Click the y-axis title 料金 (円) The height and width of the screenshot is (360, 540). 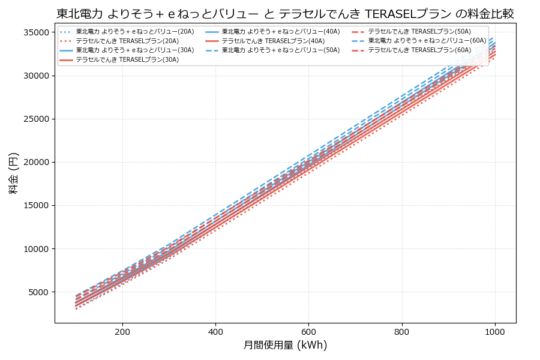pos(13,173)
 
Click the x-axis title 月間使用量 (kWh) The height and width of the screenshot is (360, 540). pos(285,345)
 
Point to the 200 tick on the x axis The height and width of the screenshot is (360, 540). pos(122,331)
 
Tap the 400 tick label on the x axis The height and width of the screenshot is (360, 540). pos(215,331)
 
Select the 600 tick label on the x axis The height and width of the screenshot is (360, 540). pos(308,331)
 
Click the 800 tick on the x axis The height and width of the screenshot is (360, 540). pos(401,331)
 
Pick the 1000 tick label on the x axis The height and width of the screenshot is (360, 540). pos(494,331)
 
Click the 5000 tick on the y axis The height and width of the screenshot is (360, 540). pos(40,292)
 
